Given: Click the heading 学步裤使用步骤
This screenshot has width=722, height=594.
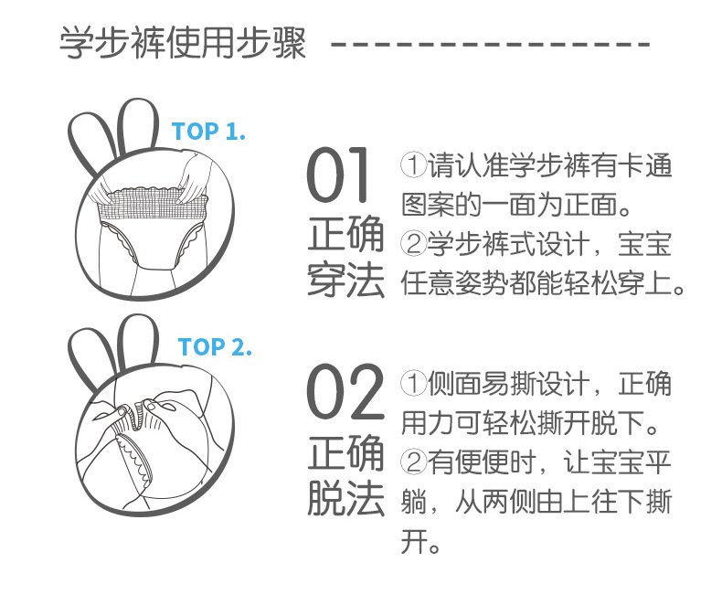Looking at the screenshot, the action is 183,43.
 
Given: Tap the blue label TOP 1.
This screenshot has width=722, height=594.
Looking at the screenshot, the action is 208,132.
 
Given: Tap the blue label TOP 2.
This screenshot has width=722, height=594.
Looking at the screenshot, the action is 215,346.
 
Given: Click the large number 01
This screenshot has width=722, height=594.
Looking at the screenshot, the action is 337,175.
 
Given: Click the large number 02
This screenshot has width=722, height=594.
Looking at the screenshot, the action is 345,391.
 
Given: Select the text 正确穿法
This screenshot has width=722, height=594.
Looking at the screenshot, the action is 345,257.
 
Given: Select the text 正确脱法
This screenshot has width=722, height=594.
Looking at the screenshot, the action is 345,474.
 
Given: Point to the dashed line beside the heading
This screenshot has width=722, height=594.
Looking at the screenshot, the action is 491,44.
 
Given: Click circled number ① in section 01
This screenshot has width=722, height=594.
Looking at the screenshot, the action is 413,164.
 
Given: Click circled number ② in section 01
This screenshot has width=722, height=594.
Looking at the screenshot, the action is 413,244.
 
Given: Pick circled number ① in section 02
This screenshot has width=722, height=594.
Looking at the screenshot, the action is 413,383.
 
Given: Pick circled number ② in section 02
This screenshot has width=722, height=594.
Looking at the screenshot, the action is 413,461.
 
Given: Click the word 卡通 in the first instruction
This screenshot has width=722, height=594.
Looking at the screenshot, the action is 645,164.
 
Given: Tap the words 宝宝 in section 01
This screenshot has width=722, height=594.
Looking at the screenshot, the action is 645,244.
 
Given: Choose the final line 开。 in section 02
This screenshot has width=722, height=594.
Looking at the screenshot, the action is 420,541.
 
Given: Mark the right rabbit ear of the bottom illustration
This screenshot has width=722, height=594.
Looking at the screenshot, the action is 139,342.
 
